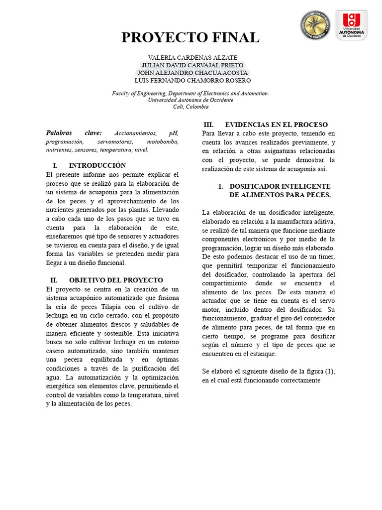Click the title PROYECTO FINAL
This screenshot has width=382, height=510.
pos(191,38)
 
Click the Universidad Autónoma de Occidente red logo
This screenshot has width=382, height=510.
pos(352,25)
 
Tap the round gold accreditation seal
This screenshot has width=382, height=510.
pos(315,26)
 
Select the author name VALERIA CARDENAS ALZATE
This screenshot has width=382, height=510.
pos(192,58)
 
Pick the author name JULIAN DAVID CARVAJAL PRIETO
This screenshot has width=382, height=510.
pos(192,65)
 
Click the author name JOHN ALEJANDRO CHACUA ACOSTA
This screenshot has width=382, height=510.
pos(192,73)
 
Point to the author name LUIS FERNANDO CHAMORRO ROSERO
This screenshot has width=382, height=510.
pos(192,80)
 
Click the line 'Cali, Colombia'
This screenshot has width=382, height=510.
pos(191,107)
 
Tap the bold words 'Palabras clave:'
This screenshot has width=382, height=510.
pos(74,133)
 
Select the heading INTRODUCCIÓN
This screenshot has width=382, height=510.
pos(97,165)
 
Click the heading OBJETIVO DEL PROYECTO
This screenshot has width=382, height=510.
pos(115,280)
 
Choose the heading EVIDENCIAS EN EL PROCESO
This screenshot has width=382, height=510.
pos(276,125)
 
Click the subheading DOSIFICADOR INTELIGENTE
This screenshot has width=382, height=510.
pos(280,186)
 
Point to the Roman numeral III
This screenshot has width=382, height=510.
pos(208,125)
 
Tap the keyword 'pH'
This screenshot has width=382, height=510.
pos(174,133)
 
